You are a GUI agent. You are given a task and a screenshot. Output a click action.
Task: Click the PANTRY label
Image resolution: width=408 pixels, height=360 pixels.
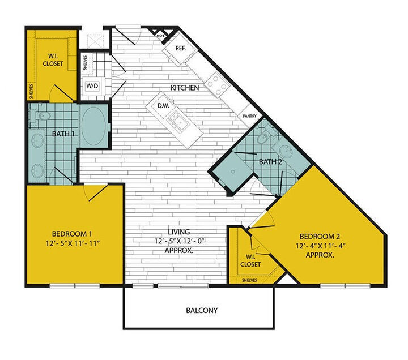(x=250, y=115)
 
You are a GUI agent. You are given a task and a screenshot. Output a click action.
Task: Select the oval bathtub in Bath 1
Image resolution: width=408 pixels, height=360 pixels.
(x=93, y=125)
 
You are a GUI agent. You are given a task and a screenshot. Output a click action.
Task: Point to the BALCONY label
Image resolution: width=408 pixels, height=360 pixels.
(x=202, y=311)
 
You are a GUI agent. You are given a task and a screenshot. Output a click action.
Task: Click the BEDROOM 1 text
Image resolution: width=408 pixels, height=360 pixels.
(x=72, y=234)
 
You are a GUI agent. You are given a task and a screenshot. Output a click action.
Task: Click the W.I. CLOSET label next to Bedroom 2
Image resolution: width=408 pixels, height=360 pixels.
(x=250, y=260)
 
